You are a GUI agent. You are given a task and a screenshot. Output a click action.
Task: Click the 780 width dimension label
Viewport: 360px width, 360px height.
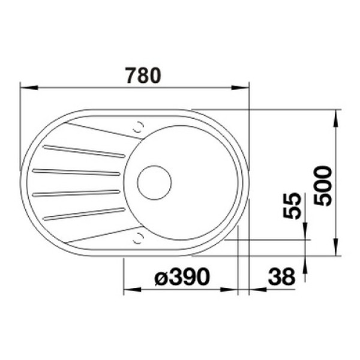point(143,76)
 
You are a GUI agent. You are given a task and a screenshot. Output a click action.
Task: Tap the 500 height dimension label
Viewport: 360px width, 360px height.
point(323,186)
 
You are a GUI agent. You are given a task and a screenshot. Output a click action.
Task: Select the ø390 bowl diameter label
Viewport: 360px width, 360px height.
point(182,277)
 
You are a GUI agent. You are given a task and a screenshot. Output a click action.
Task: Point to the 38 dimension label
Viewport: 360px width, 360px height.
point(281,277)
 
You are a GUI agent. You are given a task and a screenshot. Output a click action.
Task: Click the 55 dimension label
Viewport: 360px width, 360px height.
point(292,206)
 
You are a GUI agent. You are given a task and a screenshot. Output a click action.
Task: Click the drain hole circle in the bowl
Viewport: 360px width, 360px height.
point(155,183)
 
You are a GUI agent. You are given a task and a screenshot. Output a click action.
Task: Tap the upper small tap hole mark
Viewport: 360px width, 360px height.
point(139,127)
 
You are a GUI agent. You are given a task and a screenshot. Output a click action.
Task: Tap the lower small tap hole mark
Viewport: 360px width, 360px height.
point(139,238)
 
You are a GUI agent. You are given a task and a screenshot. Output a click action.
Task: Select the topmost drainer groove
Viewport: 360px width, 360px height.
point(84,151)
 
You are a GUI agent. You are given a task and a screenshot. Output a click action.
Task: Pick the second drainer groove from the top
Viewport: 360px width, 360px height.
point(76,172)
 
